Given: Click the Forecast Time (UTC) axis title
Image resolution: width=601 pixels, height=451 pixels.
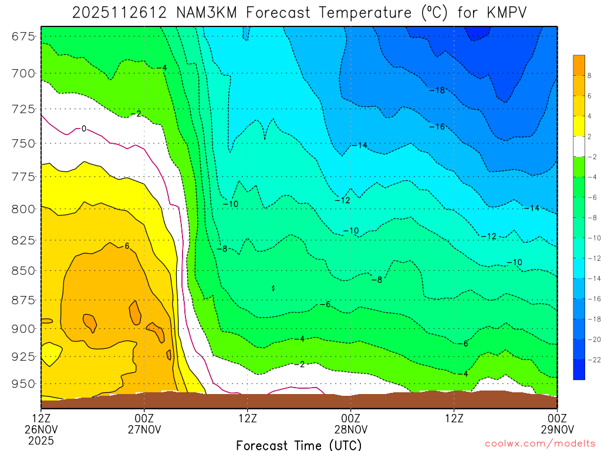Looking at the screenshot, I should click(x=299, y=445).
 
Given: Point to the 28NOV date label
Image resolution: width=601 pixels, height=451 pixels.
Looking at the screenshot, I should click(x=351, y=428).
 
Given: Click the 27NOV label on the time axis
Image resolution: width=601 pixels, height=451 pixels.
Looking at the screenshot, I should click(x=145, y=428).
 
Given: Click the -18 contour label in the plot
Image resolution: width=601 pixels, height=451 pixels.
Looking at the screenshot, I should click(x=437, y=90).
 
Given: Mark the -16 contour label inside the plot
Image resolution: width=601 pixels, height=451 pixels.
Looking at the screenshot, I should click(x=437, y=126).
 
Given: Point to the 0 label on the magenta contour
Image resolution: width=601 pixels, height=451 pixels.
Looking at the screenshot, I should click(x=84, y=129).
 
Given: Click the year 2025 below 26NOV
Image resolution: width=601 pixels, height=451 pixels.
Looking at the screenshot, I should click(x=41, y=439).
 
